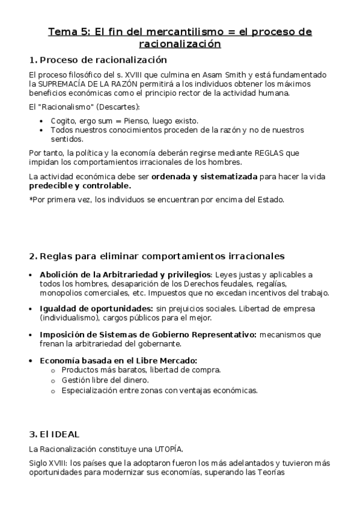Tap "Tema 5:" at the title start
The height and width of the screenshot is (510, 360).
coord(67,32)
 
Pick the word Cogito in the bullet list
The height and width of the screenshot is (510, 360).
coord(64,121)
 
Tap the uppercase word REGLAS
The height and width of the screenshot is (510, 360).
coord(266,153)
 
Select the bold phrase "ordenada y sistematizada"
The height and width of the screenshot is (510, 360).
coord(204,176)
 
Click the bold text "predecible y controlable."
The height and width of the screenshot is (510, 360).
coord(80,186)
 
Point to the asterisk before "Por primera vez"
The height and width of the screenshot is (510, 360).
coord(31,199)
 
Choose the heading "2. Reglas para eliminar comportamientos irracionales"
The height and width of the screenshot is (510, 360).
coord(156,256)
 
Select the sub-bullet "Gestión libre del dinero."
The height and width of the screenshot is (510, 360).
coord(105,380)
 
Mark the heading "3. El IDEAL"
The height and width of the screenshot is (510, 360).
coord(54,434)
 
